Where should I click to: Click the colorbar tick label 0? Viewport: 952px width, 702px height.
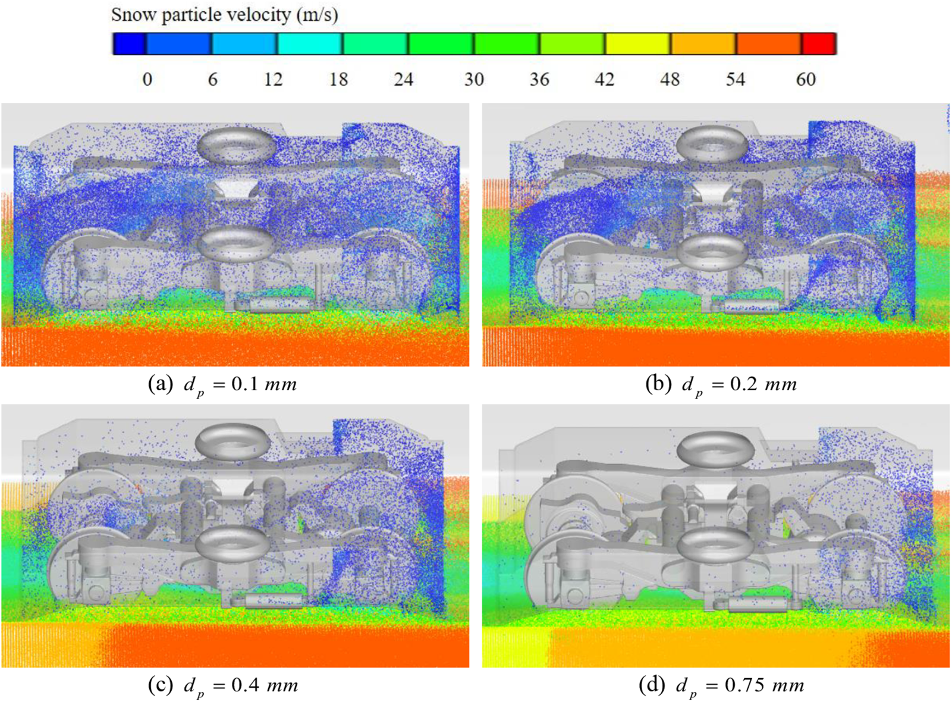point(147,80)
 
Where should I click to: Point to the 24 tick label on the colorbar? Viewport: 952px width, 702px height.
point(403,80)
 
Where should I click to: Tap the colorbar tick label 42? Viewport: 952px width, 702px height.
point(604,80)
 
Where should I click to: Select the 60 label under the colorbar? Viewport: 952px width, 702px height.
point(805,80)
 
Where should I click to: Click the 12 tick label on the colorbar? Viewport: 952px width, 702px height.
point(273,80)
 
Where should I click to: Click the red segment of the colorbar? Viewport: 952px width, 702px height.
point(818,44)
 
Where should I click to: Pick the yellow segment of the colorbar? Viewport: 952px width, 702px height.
point(638,44)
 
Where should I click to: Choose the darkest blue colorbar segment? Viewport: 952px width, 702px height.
point(130,44)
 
